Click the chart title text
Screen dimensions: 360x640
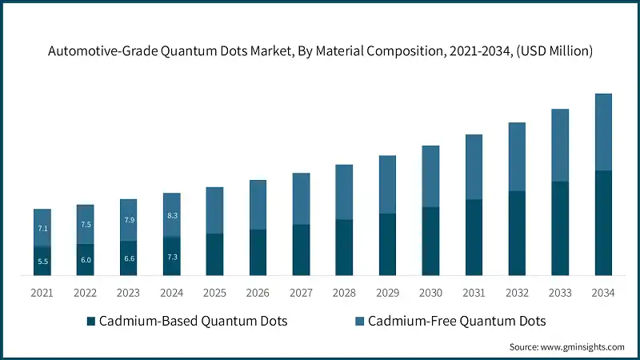[x=320, y=51]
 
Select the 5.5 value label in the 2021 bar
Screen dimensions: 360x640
[x=43, y=262]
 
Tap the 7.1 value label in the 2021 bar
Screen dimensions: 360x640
[x=43, y=229]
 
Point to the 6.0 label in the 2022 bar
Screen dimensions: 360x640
[x=86, y=260]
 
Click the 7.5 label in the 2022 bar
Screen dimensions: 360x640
[x=86, y=225]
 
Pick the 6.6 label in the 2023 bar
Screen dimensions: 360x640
[x=129, y=258]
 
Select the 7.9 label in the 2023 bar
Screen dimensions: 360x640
[x=129, y=220]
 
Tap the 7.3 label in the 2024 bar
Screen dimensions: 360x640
[x=172, y=256]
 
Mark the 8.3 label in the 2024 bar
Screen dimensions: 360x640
[x=172, y=215]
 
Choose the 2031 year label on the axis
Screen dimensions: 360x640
[x=474, y=293]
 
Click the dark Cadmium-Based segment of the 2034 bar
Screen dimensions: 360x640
[x=604, y=223]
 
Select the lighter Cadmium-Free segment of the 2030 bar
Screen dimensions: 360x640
[x=431, y=177]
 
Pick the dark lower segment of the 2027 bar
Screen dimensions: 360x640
[x=302, y=250]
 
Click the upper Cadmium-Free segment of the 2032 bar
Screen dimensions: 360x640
[x=518, y=157]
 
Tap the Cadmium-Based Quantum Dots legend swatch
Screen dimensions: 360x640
[x=91, y=322]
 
